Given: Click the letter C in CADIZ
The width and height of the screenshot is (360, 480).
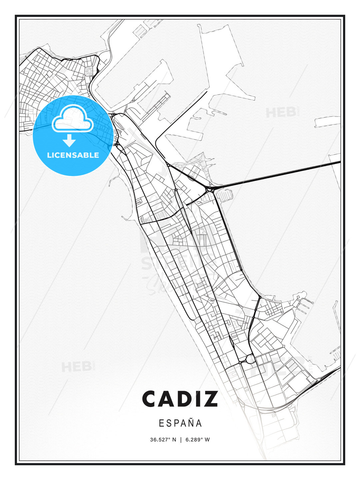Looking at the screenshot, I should [x=151, y=399].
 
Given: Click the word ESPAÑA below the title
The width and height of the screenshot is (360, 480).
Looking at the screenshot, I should [x=180, y=423].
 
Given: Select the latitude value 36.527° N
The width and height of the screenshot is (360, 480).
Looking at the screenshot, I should [x=163, y=440].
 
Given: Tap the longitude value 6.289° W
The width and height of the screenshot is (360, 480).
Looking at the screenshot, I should [x=198, y=440].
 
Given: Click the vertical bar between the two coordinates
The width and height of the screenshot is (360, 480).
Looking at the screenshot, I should [x=181, y=440].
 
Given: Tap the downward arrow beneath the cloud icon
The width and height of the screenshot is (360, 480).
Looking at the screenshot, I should [x=69, y=140].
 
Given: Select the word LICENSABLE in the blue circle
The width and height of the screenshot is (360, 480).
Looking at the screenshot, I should [x=73, y=155].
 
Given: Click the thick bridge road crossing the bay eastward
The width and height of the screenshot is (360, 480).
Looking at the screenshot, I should [x=277, y=174].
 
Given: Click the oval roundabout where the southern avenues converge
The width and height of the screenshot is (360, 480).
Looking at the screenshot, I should [x=248, y=359].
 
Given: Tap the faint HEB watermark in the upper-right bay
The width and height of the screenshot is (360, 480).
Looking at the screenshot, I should [x=282, y=112].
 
